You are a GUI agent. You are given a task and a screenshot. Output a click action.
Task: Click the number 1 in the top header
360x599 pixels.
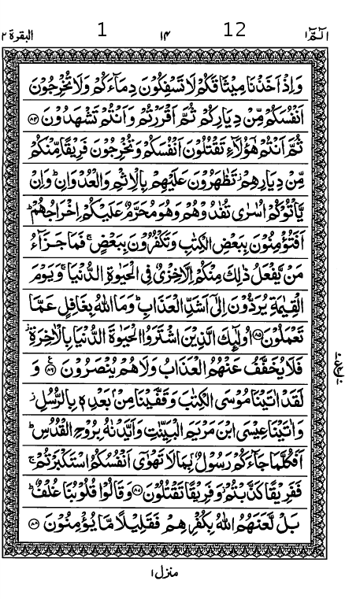101,31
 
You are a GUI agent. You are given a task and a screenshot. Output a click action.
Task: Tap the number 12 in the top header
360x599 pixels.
235,30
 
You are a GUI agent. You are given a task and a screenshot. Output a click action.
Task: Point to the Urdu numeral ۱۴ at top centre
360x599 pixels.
165,35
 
